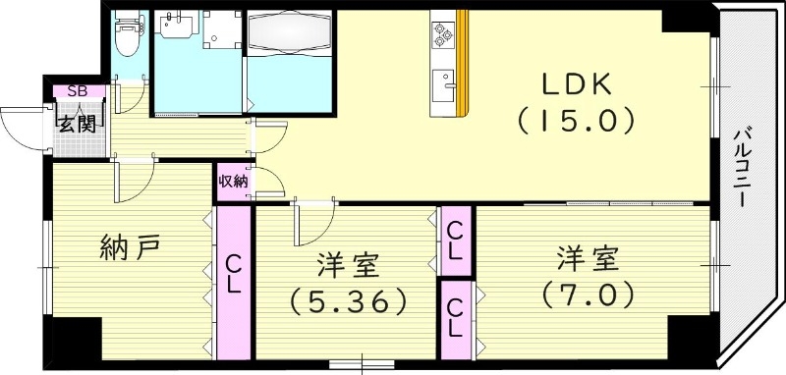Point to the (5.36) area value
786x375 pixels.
[x=347, y=299]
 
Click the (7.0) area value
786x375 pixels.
[x=588, y=293]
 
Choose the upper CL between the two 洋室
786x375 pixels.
[x=456, y=241]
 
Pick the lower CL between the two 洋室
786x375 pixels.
[x=456, y=317]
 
